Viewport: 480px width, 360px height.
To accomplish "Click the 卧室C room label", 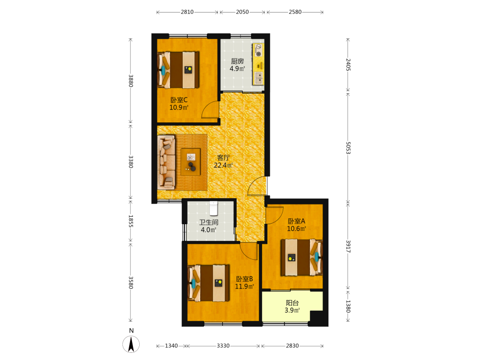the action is pyautogui.click(x=179, y=100).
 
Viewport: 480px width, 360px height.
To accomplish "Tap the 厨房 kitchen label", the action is pyautogui.click(x=237, y=61).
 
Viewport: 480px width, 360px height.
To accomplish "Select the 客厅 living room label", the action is pyautogui.click(x=223, y=157).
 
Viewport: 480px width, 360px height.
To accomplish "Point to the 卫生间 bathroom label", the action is pyautogui.click(x=209, y=223).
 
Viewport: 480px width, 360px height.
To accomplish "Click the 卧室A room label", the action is pyautogui.click(x=296, y=221).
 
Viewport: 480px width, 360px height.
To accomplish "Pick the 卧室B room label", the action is pyautogui.click(x=244, y=279).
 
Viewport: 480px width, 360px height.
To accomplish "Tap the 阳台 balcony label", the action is pyautogui.click(x=292, y=303).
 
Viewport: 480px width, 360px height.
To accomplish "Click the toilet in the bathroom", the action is pyautogui.click(x=214, y=208).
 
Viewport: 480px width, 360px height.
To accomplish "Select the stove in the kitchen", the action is pyautogui.click(x=259, y=50).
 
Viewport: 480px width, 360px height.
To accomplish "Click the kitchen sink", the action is pyautogui.click(x=259, y=78).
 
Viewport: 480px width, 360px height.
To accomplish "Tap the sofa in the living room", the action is pyautogui.click(x=166, y=163).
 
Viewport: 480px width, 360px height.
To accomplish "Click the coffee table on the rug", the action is pyautogui.click(x=191, y=162).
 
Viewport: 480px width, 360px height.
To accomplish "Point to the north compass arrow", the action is pyautogui.click(x=131, y=344).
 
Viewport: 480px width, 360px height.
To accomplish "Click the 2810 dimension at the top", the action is pyautogui.click(x=187, y=12).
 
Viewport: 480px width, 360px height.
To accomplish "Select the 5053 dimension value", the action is pyautogui.click(x=348, y=147).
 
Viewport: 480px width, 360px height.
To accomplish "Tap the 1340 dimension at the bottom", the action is pyautogui.click(x=171, y=346).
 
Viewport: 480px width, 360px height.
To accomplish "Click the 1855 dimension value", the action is pyautogui.click(x=131, y=221).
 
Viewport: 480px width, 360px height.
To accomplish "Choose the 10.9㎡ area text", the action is pyautogui.click(x=179, y=108).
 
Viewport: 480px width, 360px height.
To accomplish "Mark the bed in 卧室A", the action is pyautogui.click(x=301, y=257).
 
